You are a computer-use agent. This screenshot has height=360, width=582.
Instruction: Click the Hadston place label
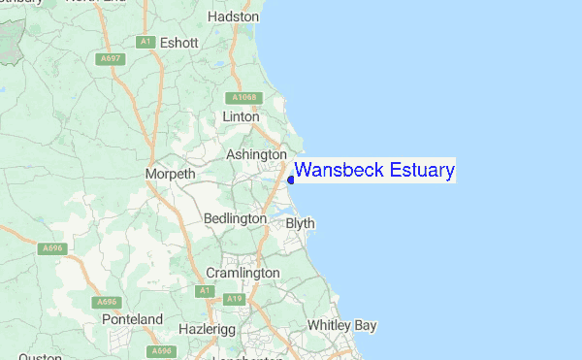234,16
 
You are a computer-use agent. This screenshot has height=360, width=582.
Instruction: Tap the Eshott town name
179,43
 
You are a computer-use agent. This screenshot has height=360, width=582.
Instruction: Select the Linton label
242,116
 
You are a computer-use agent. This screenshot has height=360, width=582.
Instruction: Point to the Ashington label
256,154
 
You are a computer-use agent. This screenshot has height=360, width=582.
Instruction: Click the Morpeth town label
170,174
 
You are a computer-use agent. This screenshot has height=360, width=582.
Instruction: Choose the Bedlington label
235,219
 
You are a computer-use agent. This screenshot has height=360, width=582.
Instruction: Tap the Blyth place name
301,223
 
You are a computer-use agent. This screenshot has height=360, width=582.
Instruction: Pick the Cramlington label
242,274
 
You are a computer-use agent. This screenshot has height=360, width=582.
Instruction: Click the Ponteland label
133,319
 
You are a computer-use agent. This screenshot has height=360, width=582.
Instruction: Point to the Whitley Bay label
341,325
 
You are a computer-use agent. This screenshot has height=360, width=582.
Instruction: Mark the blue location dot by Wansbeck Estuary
291,180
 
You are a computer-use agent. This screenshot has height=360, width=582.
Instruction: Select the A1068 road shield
242,98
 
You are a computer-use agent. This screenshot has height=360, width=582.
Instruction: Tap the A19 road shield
234,299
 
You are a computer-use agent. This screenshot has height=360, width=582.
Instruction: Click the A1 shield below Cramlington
205,290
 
